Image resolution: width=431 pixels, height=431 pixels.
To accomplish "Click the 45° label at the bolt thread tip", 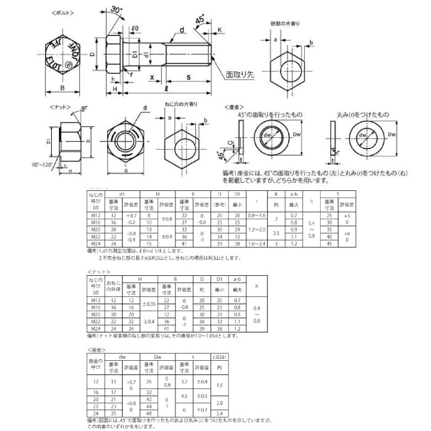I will click(200, 20).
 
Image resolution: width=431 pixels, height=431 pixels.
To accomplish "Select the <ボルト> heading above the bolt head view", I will click(61, 12).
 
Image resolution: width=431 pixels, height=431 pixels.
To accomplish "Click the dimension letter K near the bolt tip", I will click(220, 30).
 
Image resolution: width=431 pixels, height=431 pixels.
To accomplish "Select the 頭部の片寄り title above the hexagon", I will click(285, 23).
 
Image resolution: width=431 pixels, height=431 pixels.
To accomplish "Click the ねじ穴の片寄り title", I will click(181, 105).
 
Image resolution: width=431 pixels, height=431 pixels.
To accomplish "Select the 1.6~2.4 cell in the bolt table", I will click(256, 243).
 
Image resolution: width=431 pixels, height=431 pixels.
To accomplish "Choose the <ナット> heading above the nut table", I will click(99, 271).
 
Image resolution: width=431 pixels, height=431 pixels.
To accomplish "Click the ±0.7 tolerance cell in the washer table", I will click(201, 409).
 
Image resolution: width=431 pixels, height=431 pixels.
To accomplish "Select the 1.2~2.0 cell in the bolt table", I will click(256, 229).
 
